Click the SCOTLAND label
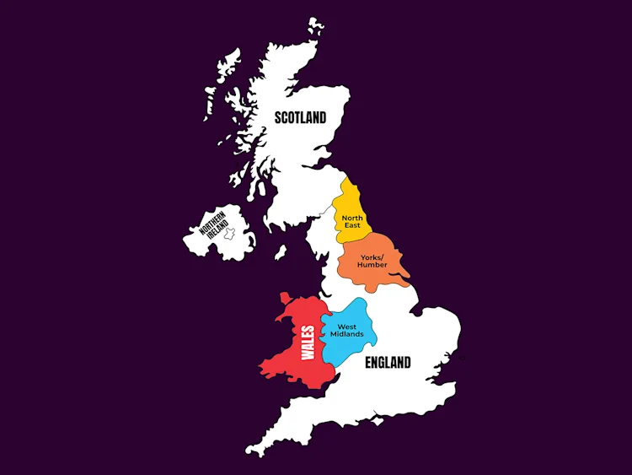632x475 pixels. pos(300,118)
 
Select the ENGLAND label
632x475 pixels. pos(388,363)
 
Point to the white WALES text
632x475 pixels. pos(308,343)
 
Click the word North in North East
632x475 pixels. pos(352,218)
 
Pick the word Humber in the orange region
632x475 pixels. pos(372,265)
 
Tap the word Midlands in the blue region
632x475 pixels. pos(347,334)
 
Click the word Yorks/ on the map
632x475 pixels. pos(372,256)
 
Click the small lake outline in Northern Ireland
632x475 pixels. pos(228,231)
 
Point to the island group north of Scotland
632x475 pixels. pos(315,27)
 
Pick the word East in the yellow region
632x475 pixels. pos(351,226)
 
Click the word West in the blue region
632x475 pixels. pos(347,327)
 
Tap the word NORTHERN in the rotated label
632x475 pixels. pos(212,223)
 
